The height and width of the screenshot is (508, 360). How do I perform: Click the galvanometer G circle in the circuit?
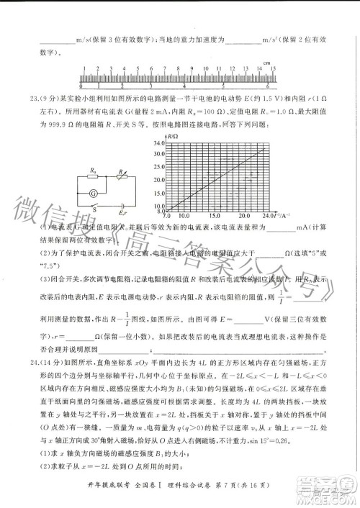pyautogui.click(x=93, y=194)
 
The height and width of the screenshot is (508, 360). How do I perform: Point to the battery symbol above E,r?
pyautogui.click(x=122, y=204)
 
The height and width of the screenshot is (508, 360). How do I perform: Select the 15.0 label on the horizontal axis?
pyautogui.click(x=215, y=215)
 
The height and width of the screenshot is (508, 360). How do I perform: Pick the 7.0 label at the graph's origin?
pyautogui.click(x=167, y=215)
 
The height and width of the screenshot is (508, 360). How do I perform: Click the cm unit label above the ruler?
pyautogui.click(x=266, y=64)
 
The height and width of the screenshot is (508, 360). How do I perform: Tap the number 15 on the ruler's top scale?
pyautogui.click(x=266, y=70)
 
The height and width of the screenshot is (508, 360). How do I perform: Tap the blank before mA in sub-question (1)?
pyautogui.click(x=266, y=230)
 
